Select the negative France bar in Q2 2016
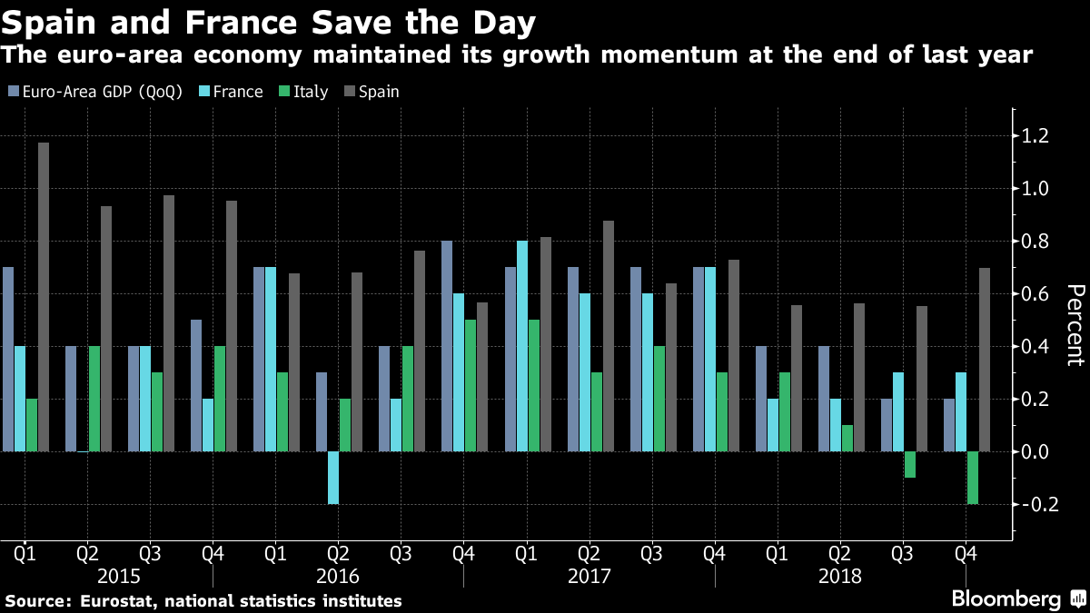pyautogui.click(x=333, y=478)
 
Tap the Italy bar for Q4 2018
pyautogui.click(x=973, y=478)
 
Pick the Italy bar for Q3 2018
pyautogui.click(x=910, y=464)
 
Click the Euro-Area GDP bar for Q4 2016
pyautogui.click(x=447, y=346)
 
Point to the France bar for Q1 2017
pyautogui.click(x=522, y=346)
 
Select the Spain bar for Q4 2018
pyautogui.click(x=985, y=360)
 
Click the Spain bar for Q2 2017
pyautogui.click(x=609, y=336)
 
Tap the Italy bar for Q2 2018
pyautogui.click(x=847, y=438)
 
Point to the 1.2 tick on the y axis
pyautogui.click(x=1035, y=136)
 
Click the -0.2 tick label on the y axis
pyautogui.click(x=1033, y=504)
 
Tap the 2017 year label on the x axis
pyautogui.click(x=589, y=576)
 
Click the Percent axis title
pyautogui.click(x=1075, y=324)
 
